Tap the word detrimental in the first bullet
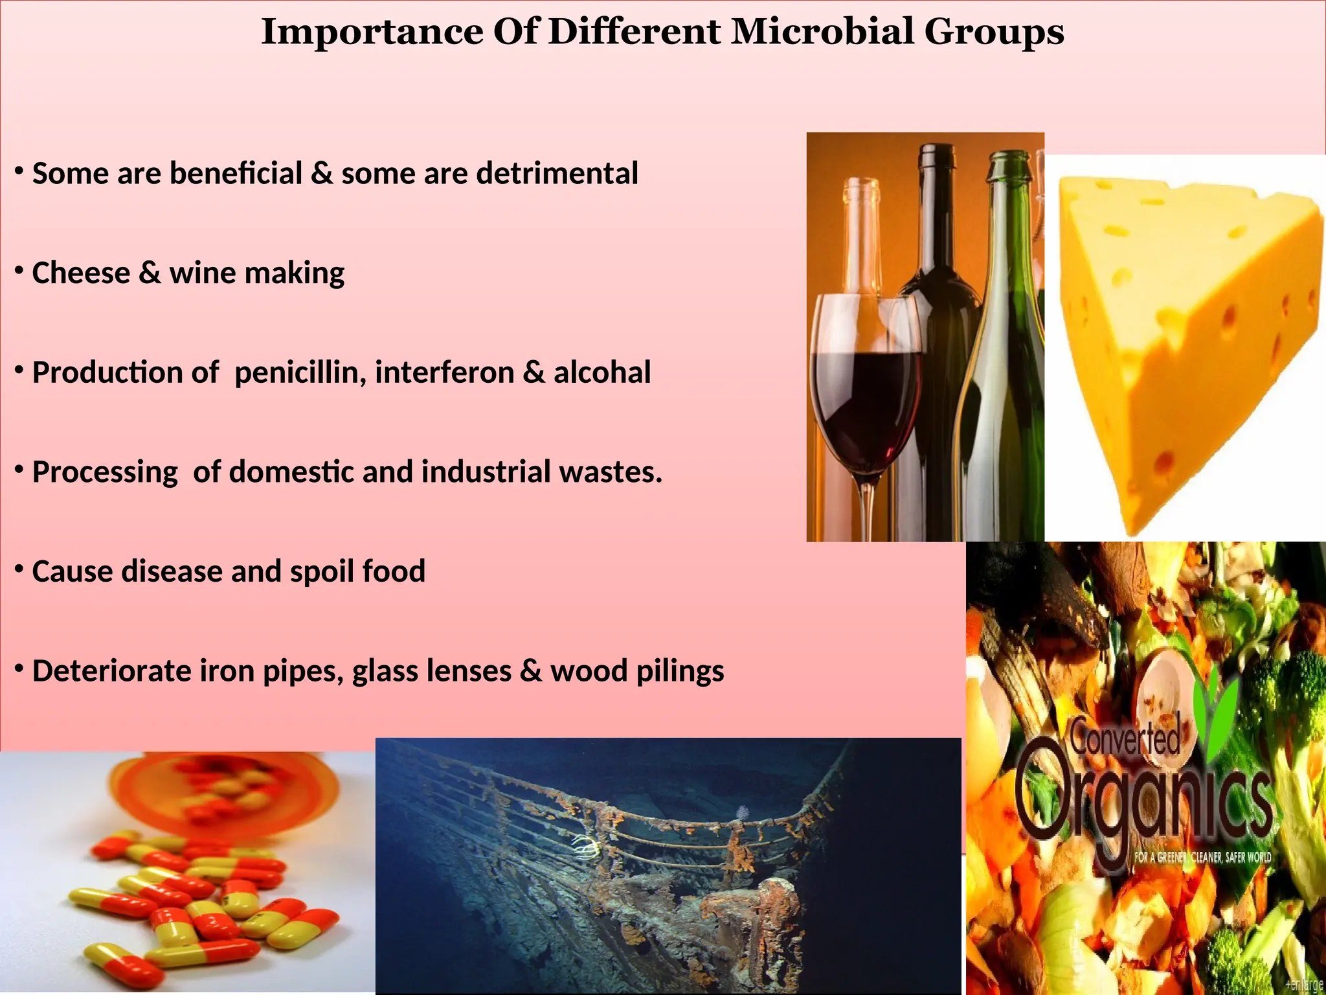(x=557, y=174)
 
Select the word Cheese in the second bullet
(x=81, y=273)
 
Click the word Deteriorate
(x=111, y=671)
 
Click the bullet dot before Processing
(x=19, y=468)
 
